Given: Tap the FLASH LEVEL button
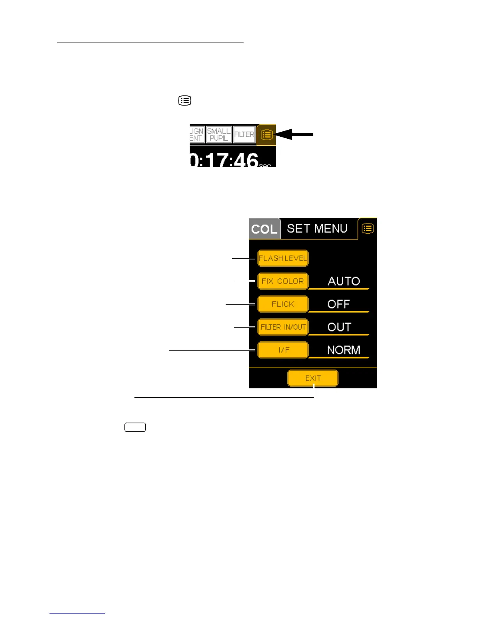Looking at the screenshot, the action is pyautogui.click(x=283, y=258).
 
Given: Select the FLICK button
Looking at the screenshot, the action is pyautogui.click(x=283, y=304).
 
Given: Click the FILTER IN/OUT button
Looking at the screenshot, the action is pyautogui.click(x=283, y=327).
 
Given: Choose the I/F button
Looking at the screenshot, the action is pyautogui.click(x=283, y=350).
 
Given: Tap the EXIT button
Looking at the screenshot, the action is pyautogui.click(x=313, y=378).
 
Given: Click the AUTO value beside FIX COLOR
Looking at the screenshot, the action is pyautogui.click(x=343, y=281).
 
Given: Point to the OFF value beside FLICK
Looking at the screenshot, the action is pyautogui.click(x=338, y=304).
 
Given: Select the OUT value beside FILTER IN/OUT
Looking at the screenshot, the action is pyautogui.click(x=339, y=327).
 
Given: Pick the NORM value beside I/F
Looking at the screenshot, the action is pyautogui.click(x=343, y=350).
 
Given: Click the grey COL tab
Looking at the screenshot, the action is pyautogui.click(x=265, y=229).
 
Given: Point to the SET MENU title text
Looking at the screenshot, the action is pyautogui.click(x=317, y=228).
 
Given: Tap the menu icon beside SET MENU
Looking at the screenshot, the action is pyautogui.click(x=367, y=228).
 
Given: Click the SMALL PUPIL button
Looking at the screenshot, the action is pyautogui.click(x=219, y=134).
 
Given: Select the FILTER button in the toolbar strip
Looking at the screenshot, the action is pyautogui.click(x=244, y=134).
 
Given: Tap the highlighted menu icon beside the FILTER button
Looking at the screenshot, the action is pyautogui.click(x=267, y=135).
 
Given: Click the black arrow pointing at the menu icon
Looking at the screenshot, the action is pyautogui.click(x=296, y=134).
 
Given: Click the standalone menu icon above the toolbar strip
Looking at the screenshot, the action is pyautogui.click(x=185, y=100).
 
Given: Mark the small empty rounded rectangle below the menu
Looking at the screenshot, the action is pyautogui.click(x=135, y=427).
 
